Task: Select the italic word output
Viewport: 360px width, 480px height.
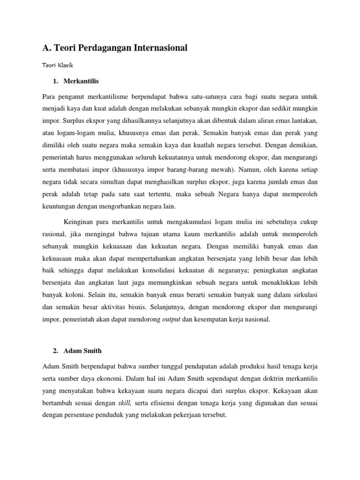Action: pos(171,319)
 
